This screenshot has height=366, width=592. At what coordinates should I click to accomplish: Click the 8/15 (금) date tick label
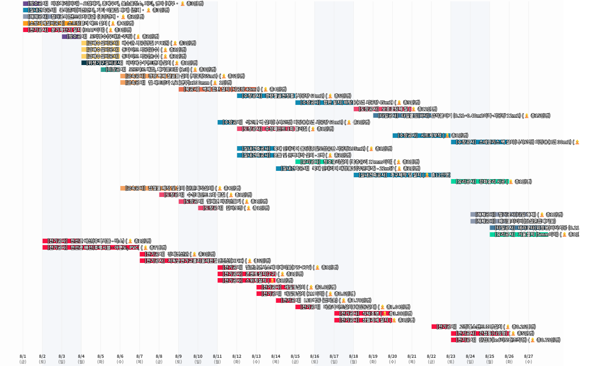point(295,358)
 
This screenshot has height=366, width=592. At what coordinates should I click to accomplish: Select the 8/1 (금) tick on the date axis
point(23,358)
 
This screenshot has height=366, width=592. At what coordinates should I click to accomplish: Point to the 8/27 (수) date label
point(528,358)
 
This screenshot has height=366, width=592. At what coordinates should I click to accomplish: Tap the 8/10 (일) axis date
point(198,358)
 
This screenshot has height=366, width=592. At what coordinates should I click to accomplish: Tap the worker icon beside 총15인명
point(526,116)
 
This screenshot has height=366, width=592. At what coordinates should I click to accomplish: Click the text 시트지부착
point(431,136)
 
